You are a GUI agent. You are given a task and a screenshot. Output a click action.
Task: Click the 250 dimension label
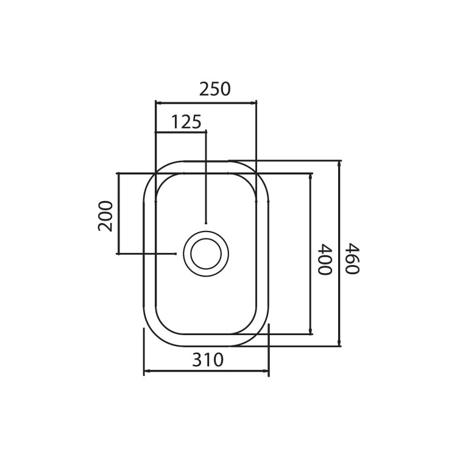pyautogui.click(x=215, y=89)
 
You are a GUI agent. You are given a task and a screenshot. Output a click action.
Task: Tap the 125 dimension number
pyautogui.click(x=186, y=122)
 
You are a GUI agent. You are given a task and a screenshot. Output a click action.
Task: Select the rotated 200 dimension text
pyautogui.click(x=105, y=216)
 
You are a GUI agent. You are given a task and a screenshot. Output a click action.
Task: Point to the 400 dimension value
pyautogui.click(x=324, y=260)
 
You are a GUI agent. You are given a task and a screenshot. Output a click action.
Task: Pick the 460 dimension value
pyautogui.click(x=352, y=258)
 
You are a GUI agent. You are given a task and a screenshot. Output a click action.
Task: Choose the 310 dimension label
pyautogui.click(x=208, y=360)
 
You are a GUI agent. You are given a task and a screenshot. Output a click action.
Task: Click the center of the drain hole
pyautogui.click(x=206, y=254)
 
